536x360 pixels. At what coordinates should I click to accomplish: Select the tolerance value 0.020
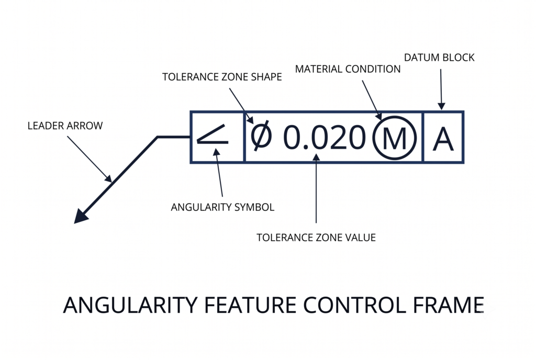pos(325,137)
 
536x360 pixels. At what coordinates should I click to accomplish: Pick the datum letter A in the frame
pos(443,139)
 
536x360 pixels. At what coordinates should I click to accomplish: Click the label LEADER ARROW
pos(65,126)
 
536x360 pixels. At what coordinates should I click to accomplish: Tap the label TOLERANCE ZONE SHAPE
pos(222,77)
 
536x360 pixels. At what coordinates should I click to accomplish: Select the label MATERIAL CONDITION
pos(348,69)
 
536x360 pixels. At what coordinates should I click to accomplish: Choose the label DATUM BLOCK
pos(439,58)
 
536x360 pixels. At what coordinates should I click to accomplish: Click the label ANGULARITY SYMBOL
pos(222,207)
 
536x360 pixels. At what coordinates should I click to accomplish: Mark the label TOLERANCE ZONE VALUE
pos(316,238)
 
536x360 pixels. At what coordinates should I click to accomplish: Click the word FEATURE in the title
pos(250,305)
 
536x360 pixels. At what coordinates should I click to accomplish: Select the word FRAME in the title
pos(449,305)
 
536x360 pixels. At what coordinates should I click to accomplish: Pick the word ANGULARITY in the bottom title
pos(130,305)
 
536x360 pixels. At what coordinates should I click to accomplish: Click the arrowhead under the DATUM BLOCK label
pos(441,106)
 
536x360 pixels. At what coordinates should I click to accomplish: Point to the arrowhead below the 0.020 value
pos(316,157)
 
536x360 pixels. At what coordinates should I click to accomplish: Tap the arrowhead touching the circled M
pos(378,116)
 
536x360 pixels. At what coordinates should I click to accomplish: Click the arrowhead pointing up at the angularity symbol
pos(217,152)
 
